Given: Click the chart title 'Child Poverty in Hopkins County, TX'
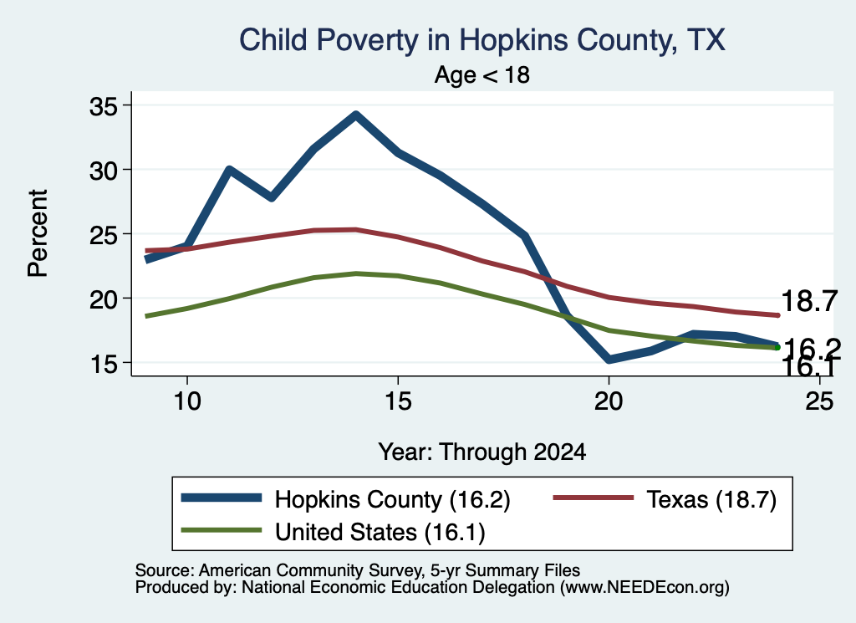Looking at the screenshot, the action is tap(482, 40).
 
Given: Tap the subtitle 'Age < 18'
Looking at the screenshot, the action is tap(482, 74).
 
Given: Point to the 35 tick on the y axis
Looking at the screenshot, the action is tap(104, 106).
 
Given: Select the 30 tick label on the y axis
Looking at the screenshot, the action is tap(104, 171).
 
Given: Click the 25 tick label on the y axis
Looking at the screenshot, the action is tap(104, 235).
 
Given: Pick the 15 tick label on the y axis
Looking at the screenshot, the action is tap(104, 364).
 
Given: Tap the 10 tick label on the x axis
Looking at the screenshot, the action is tap(187, 401).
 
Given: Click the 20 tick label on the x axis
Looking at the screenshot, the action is tap(609, 401).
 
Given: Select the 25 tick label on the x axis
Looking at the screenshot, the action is tap(819, 401).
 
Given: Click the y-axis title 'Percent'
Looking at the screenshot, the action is tap(38, 233).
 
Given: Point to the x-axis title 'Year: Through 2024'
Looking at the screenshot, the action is tap(482, 452).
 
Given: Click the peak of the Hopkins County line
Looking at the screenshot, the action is tap(356, 115).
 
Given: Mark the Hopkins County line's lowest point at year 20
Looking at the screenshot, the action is tap(609, 360).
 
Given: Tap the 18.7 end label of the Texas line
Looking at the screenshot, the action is tap(809, 301).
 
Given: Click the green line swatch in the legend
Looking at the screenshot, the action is tap(221, 530).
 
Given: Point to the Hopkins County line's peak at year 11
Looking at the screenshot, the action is tap(229, 170).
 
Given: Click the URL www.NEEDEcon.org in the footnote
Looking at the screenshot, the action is tap(644, 588).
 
